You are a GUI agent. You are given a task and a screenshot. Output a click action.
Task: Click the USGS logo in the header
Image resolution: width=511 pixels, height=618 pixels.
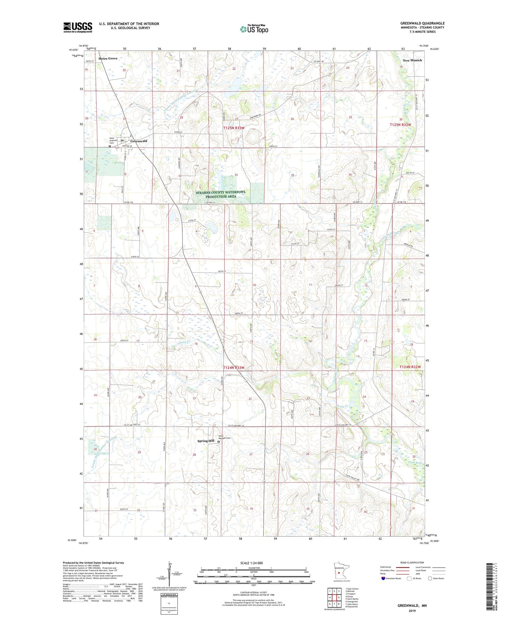pyautogui.click(x=78, y=27)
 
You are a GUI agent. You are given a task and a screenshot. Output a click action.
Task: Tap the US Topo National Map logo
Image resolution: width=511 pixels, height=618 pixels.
pyautogui.click(x=254, y=29)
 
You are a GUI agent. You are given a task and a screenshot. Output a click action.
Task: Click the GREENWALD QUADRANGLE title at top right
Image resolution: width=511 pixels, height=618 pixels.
pyautogui.click(x=422, y=23)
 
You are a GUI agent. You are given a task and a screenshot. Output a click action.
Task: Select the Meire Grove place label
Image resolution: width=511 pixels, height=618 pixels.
pyautogui.click(x=108, y=59)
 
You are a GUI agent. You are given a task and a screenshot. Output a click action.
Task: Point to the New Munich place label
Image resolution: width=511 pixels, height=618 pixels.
pyautogui.click(x=412, y=60)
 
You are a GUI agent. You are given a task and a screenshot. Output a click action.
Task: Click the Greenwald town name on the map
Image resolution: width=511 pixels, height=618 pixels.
pyautogui.click(x=139, y=141)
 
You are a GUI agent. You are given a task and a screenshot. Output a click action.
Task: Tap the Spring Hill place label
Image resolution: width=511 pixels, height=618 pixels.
pyautogui.click(x=206, y=441)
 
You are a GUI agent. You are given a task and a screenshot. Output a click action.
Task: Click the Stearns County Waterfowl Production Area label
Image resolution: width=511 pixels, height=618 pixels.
pyautogui.click(x=220, y=194)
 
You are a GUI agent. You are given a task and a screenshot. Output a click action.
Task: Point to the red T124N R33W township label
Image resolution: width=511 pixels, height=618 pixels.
pyautogui.click(x=234, y=368)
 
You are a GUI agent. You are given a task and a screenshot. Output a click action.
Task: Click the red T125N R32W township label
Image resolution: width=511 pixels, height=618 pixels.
pyautogui.click(x=400, y=125)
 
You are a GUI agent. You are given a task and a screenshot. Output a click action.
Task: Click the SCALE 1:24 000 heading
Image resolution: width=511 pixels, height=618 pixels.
pyautogui.click(x=253, y=563)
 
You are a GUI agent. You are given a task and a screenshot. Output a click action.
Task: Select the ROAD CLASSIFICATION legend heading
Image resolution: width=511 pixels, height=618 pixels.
pyautogui.click(x=412, y=562)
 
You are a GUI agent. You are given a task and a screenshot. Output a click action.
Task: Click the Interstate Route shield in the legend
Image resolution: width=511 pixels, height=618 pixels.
pyautogui.click(x=383, y=578)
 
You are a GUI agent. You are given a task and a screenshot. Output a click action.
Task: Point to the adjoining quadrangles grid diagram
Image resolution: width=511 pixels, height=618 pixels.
pyautogui.click(x=334, y=595)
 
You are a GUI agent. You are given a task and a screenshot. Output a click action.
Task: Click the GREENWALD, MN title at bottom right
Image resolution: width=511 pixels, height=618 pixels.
pyautogui.click(x=412, y=606)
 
